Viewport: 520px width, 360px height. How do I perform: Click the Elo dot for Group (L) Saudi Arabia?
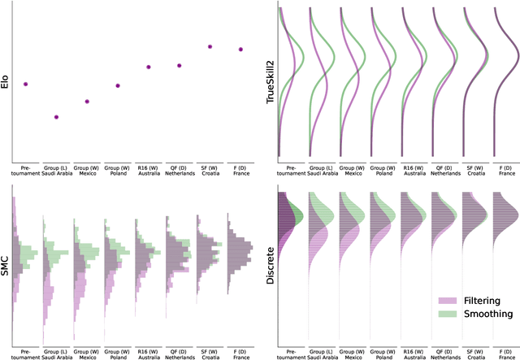tap(56, 117)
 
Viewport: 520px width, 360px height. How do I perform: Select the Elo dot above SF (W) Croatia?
tap(210, 46)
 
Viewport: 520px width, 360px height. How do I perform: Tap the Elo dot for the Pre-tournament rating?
tap(26, 84)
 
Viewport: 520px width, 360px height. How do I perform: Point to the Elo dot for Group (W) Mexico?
tap(88, 101)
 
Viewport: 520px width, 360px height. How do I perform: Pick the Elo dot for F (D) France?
tap(240, 50)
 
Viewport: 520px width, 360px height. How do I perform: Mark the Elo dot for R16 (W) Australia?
tap(149, 67)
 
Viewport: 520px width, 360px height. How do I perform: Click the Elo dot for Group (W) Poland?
tap(118, 85)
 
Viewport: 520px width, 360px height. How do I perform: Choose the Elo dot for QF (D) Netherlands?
tap(179, 65)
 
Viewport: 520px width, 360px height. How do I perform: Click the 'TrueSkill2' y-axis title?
tap(271, 81)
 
